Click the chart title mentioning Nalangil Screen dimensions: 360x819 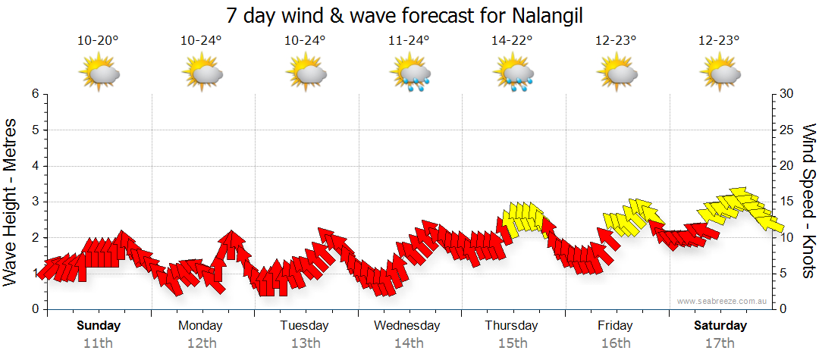point(409,15)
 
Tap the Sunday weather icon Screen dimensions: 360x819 point(99,74)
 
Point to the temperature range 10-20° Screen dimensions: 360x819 point(98,41)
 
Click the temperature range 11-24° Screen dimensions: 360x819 point(409,41)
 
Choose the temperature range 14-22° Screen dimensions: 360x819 point(513,41)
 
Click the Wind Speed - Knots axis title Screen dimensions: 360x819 point(808,201)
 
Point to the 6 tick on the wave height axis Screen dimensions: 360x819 point(35,94)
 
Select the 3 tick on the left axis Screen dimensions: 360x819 point(35,202)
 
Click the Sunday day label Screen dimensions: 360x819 point(99,326)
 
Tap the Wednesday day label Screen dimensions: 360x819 point(407,326)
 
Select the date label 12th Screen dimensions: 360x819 point(201,343)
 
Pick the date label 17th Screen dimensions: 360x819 point(720,343)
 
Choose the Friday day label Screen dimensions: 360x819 point(615,326)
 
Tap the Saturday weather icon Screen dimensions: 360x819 point(720,74)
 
